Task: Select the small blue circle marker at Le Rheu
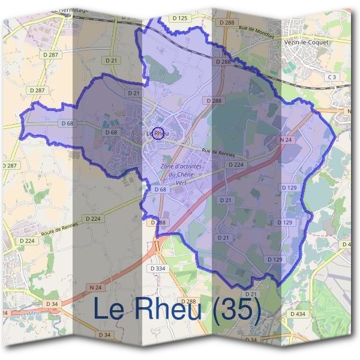click(x=158, y=133)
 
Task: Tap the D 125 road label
click(x=179, y=19)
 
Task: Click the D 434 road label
click(x=298, y=314)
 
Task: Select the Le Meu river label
click(x=28, y=313)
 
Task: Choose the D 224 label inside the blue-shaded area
click(x=236, y=164)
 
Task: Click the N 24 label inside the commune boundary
click(x=286, y=140)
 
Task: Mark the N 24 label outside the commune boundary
click(x=95, y=287)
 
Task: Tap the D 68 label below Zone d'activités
click(x=160, y=189)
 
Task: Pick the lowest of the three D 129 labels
click(x=274, y=259)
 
